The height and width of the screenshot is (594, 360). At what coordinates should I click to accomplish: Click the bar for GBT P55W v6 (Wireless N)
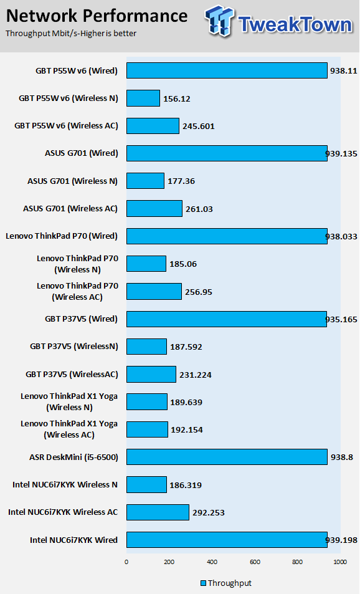(x=143, y=98)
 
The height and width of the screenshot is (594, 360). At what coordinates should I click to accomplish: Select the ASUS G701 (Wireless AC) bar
(x=154, y=208)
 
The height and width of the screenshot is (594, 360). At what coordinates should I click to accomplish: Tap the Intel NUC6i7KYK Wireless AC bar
(x=158, y=512)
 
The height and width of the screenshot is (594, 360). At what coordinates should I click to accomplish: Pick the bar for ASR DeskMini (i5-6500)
(x=227, y=457)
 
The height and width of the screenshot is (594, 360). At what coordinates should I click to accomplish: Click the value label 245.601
(x=199, y=126)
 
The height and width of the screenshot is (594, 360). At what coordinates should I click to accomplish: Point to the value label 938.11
(x=343, y=70)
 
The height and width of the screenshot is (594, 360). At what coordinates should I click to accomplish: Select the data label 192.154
(x=187, y=429)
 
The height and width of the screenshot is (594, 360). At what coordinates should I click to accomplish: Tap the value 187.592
(x=186, y=347)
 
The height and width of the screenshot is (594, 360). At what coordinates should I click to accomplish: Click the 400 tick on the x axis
(x=212, y=562)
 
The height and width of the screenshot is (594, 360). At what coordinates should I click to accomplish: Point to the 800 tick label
(x=298, y=562)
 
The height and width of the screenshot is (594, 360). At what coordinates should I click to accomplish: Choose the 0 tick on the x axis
(x=126, y=562)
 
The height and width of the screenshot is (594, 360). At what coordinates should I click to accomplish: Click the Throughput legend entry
(x=225, y=583)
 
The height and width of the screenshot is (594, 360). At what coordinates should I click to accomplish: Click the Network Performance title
(x=97, y=16)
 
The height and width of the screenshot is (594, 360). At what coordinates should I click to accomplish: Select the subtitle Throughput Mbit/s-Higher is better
(x=71, y=33)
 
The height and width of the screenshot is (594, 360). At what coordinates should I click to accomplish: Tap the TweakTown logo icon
(x=220, y=21)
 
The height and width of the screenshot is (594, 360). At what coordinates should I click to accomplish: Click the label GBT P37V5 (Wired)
(x=82, y=319)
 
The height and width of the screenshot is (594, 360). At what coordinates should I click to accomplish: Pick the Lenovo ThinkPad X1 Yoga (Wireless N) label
(x=69, y=401)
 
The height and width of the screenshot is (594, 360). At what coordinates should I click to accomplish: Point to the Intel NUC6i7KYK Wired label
(x=74, y=540)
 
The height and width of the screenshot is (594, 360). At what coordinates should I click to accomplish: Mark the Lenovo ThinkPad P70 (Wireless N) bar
(x=146, y=264)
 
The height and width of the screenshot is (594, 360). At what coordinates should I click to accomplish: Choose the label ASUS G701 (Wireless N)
(x=72, y=181)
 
